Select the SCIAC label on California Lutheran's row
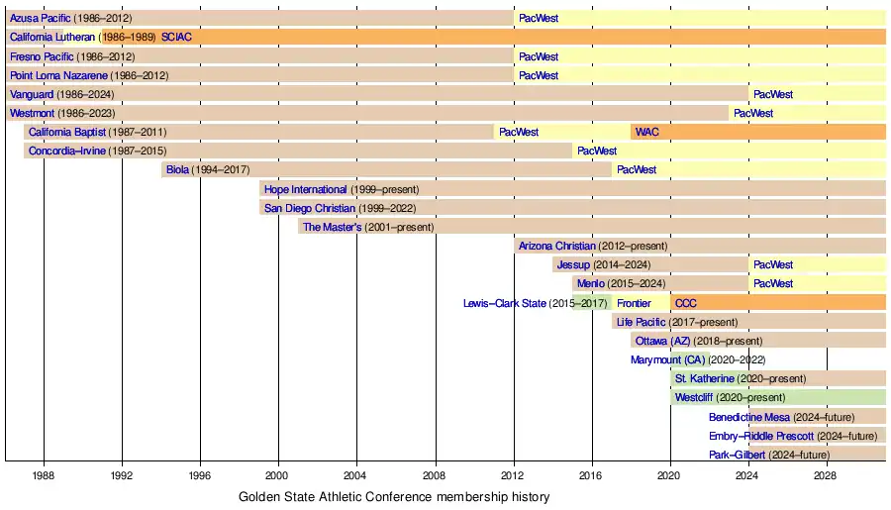click(176, 38)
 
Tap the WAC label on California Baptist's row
click(646, 132)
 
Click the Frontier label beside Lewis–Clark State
click(634, 303)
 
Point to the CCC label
click(686, 303)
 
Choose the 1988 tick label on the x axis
click(44, 475)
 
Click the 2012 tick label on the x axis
click(514, 475)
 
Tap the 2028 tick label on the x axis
click(827, 475)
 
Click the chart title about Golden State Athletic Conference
click(394, 496)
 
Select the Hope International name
click(306, 189)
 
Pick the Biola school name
click(177, 169)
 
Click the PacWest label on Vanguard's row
click(773, 94)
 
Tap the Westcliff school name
click(693, 397)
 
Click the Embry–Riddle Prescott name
click(761, 436)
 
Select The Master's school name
click(332, 227)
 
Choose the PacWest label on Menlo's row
click(773, 283)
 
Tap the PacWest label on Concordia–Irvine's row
click(597, 151)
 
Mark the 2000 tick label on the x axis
click(278, 475)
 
